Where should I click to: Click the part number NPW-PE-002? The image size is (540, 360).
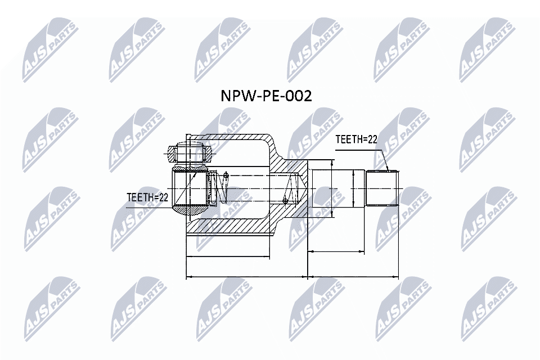click(265, 97)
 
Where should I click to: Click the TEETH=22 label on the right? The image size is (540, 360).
click(356, 139)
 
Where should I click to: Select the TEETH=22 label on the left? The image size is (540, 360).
click(148, 197)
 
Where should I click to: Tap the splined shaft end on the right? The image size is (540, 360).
click(382, 188)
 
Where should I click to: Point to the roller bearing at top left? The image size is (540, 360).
click(188, 152)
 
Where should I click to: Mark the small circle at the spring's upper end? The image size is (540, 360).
click(226, 175)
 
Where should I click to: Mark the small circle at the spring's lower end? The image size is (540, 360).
click(285, 200)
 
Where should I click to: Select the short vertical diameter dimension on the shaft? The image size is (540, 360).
click(353, 188)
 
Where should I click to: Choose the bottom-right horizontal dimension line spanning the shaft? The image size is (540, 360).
click(353, 277)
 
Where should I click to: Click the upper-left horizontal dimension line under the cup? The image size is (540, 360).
click(228, 256)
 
